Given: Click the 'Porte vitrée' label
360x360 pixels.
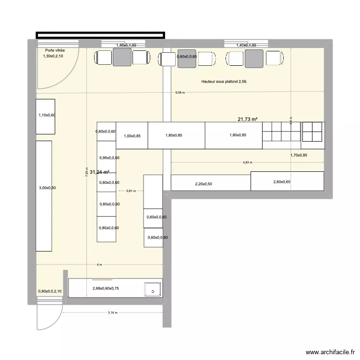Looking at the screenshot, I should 54,50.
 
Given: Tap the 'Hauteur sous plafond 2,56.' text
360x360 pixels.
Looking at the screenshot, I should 225,82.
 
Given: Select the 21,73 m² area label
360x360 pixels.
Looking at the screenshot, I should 248,119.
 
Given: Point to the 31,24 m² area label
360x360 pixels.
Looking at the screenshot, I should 100,172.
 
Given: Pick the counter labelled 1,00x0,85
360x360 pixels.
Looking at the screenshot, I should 132,136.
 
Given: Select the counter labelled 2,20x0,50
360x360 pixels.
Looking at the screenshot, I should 210,183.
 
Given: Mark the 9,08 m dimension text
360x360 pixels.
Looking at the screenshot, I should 180,93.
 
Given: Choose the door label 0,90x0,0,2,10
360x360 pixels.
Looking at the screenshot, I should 50,291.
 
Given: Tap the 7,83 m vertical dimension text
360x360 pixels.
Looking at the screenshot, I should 87,172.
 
